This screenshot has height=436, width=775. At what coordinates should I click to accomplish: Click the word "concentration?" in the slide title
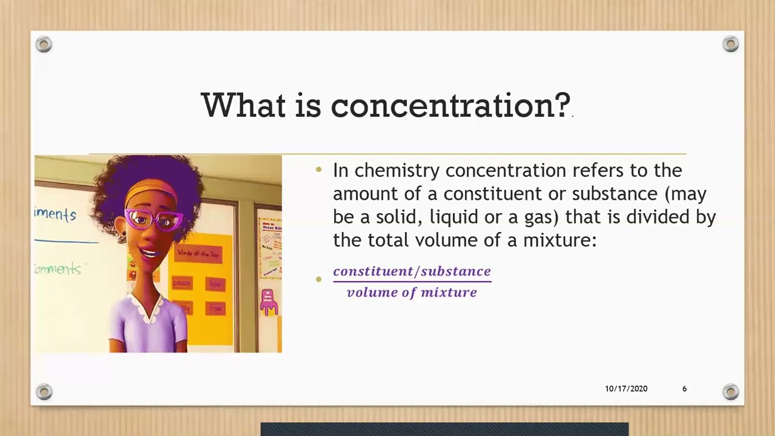click(x=450, y=105)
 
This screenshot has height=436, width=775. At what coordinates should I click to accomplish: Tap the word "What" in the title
click(x=243, y=105)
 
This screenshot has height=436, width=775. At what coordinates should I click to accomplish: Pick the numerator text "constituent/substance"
click(x=412, y=271)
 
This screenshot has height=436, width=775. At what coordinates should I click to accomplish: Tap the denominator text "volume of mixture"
click(x=412, y=292)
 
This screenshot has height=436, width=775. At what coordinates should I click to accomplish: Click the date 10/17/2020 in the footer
click(x=626, y=389)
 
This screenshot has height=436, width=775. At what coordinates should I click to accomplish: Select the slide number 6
click(x=684, y=389)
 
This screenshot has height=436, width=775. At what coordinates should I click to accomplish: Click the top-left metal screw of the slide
click(x=44, y=44)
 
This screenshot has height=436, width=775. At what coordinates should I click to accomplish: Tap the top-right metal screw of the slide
click(x=731, y=44)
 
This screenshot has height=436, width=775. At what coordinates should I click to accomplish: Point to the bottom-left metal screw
click(x=44, y=392)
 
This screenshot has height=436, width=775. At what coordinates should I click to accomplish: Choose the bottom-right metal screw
click(x=731, y=392)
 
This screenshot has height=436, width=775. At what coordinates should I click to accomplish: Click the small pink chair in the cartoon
click(x=268, y=302)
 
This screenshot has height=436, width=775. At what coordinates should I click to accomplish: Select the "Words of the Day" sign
click(x=198, y=253)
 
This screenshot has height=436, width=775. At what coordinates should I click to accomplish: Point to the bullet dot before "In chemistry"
click(x=319, y=171)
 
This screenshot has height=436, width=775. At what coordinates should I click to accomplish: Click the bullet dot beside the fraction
click(x=319, y=279)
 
